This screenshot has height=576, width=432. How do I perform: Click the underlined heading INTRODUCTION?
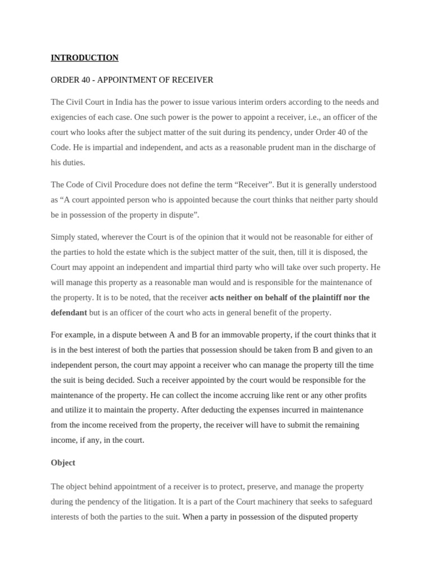pyautogui.click(x=84, y=57)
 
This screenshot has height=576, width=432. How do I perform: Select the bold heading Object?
pyautogui.click(x=63, y=462)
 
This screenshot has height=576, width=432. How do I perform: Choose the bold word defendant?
pyautogui.click(x=69, y=312)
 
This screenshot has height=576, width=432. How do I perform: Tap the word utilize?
pyautogui.click(x=80, y=409)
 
